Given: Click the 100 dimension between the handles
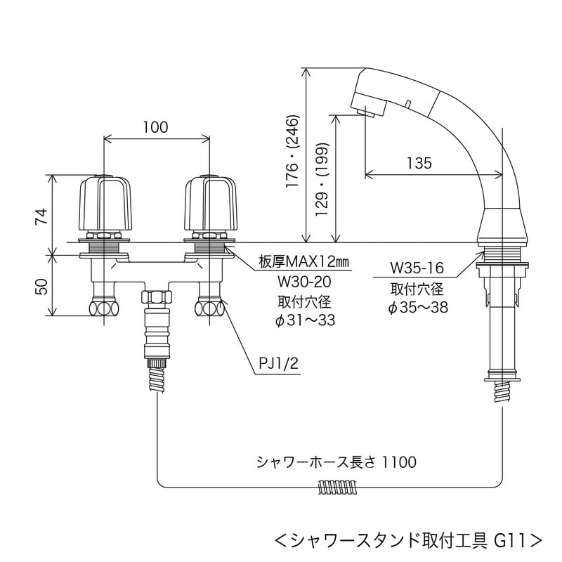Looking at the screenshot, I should pos(155,128).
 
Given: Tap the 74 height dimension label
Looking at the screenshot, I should pos(42,216).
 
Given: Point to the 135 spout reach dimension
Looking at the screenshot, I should pos(419,163).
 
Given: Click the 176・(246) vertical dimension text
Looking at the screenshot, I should pos(294,152).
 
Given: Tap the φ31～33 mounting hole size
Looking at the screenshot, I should pos(304,320).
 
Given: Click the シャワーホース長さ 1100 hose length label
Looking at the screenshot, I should pos(336,462).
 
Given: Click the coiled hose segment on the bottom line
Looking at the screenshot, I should pos(336,485).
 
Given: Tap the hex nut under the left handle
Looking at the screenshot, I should pos(104,307).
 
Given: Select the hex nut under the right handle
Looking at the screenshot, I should pos(209,307).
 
